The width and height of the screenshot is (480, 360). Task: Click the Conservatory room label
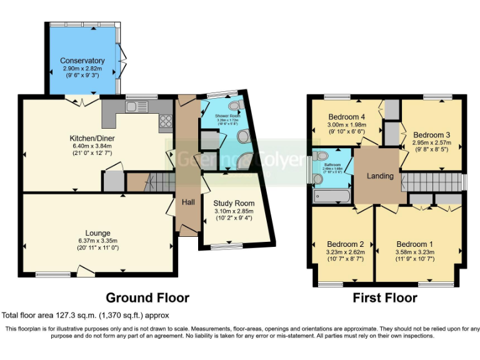(x=82, y=61)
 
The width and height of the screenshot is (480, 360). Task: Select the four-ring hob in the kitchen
(x=166, y=121)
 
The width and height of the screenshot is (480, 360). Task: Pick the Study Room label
(x=234, y=203)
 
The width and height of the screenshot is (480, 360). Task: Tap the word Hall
(x=188, y=202)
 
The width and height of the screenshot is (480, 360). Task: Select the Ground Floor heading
(x=147, y=297)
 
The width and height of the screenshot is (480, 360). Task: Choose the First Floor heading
(x=385, y=297)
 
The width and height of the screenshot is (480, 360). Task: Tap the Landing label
(x=380, y=176)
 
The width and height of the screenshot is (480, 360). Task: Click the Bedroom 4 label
(x=346, y=117)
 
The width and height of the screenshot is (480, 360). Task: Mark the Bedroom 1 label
(x=415, y=244)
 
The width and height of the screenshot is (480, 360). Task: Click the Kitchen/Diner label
(x=92, y=138)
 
